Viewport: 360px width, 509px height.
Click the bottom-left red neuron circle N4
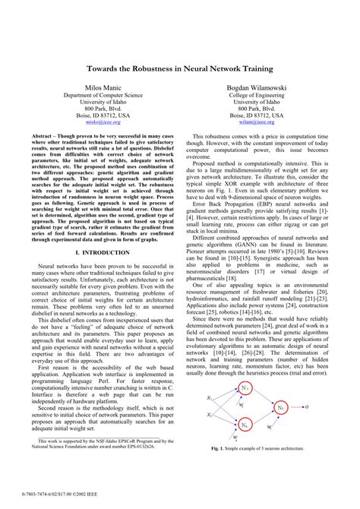[245, 425]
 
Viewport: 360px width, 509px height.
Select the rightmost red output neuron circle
[280, 407]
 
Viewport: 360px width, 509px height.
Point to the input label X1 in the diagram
[210, 397]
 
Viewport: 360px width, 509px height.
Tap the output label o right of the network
[306, 407]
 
